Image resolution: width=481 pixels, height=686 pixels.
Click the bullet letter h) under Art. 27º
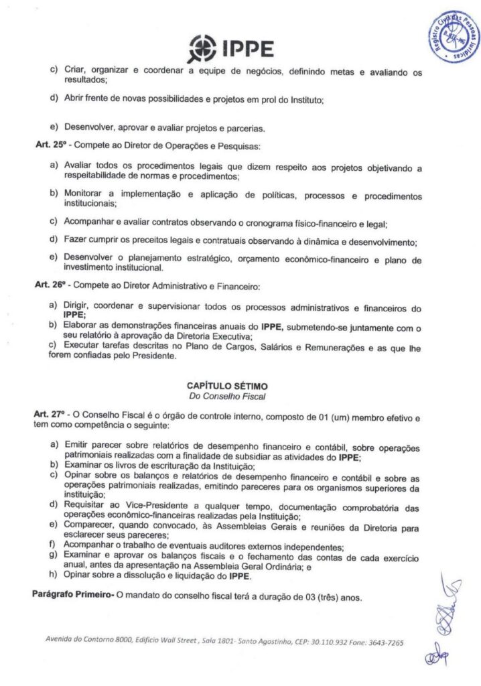tap(54, 575)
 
